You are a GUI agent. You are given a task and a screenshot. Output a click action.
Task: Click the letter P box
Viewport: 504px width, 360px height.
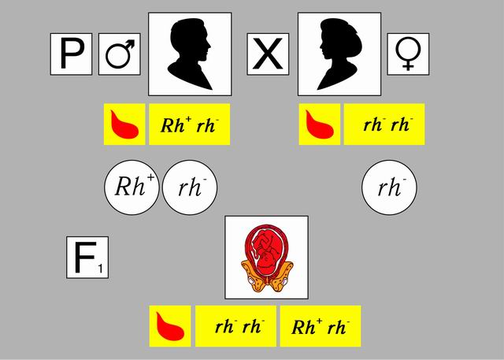72,54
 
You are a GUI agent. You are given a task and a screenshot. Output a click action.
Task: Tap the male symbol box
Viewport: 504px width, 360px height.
119,54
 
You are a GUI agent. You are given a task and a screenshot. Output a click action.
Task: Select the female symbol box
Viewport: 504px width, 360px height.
407,54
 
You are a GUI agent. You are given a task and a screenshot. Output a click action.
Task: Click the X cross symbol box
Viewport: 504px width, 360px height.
269,54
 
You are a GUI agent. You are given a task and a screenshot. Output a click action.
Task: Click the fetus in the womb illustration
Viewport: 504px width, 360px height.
266,257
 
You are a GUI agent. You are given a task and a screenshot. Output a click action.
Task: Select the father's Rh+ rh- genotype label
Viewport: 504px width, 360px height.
189,124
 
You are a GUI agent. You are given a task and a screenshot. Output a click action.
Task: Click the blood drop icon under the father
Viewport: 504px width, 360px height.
124,124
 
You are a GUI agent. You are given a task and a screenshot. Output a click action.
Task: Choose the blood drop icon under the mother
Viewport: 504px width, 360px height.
320,124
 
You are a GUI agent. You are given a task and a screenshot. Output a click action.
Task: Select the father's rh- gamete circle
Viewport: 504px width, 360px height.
189,187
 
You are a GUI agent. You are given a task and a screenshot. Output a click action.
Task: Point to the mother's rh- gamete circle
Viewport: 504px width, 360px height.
389,187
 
